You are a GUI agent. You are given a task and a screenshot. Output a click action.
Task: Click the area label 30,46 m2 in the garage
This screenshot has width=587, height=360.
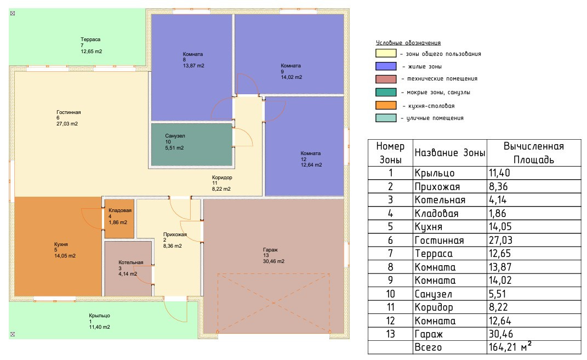pyautogui.click(x=273, y=261)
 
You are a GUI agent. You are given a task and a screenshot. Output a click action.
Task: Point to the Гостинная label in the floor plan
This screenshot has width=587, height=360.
pyautogui.click(x=69, y=112)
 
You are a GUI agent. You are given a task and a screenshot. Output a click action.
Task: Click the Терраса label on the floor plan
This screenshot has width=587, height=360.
pyautogui.click(x=90, y=39)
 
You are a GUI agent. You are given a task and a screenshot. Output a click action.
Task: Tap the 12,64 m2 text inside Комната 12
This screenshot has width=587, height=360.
pyautogui.click(x=311, y=164)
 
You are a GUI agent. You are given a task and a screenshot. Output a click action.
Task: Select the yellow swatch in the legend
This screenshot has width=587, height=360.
pyautogui.click(x=386, y=54)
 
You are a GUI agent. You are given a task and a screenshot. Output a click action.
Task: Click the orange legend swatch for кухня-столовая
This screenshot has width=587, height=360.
pyautogui.click(x=386, y=105)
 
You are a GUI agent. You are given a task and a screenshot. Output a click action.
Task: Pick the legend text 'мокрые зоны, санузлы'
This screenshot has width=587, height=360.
pyautogui.click(x=435, y=93)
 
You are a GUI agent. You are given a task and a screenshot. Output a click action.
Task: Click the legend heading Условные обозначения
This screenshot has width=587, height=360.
pyautogui.click(x=408, y=43)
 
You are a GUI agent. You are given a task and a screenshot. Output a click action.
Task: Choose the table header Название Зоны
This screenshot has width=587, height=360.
pyautogui.click(x=449, y=153)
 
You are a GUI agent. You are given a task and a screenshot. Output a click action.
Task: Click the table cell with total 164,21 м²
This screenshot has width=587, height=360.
pyautogui.click(x=510, y=347)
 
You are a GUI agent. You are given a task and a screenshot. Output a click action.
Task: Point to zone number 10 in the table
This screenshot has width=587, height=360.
pyautogui.click(x=390, y=294)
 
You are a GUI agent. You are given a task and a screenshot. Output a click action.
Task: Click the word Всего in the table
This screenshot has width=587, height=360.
pyautogui.click(x=428, y=347)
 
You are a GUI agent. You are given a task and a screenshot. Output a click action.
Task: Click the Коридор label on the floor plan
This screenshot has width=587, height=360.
pyautogui.click(x=223, y=178)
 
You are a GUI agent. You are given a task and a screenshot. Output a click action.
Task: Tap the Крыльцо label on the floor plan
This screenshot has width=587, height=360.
pyautogui.click(x=100, y=316)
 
